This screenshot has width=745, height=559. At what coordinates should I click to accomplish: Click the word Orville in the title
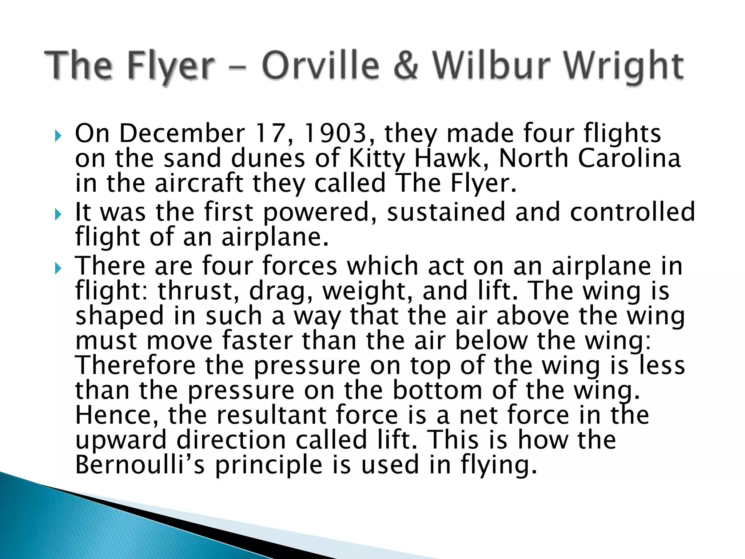pos(320,66)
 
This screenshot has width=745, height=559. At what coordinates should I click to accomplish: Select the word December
pos(182,133)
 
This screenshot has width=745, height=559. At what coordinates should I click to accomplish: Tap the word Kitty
pos(377,159)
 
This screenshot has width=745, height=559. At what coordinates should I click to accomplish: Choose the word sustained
pos(446,212)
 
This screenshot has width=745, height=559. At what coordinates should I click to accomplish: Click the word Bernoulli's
pos(140,465)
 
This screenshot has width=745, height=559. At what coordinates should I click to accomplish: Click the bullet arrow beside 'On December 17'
pos(58,136)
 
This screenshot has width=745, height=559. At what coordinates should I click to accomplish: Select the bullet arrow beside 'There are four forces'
pos(58,269)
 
